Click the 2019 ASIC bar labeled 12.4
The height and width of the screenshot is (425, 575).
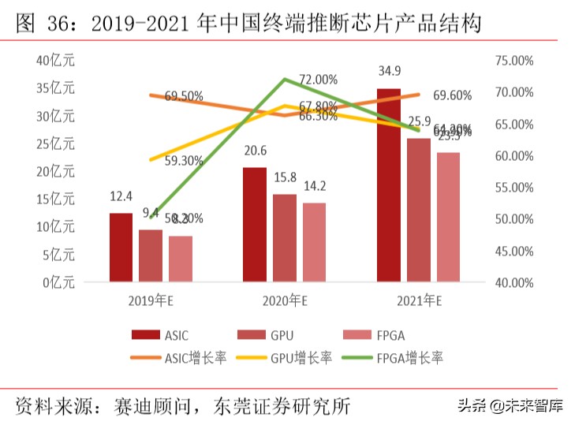click(121, 247)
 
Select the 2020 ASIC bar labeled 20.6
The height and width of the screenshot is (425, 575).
click(254, 225)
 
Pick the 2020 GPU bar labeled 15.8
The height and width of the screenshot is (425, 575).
click(284, 237)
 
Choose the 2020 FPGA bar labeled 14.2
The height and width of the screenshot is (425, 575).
click(314, 242)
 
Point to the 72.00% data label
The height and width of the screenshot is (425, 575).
click(318, 80)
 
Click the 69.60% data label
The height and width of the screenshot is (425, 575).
click(453, 95)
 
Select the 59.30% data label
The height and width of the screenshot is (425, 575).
click(184, 161)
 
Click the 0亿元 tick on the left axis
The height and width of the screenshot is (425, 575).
click(58, 281)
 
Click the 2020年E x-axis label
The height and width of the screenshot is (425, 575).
click(285, 300)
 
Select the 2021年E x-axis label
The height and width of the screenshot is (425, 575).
click(418, 300)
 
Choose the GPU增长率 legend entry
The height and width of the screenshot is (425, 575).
click(286, 357)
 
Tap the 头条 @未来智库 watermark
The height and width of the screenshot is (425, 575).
click(507, 406)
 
